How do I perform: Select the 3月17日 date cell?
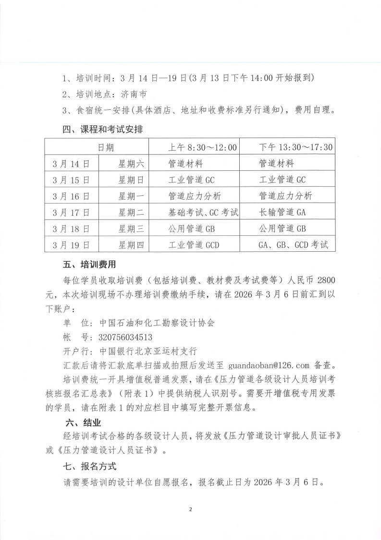click(72, 212)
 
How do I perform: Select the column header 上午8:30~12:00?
click(202, 147)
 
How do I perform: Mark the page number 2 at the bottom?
click(191, 509)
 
